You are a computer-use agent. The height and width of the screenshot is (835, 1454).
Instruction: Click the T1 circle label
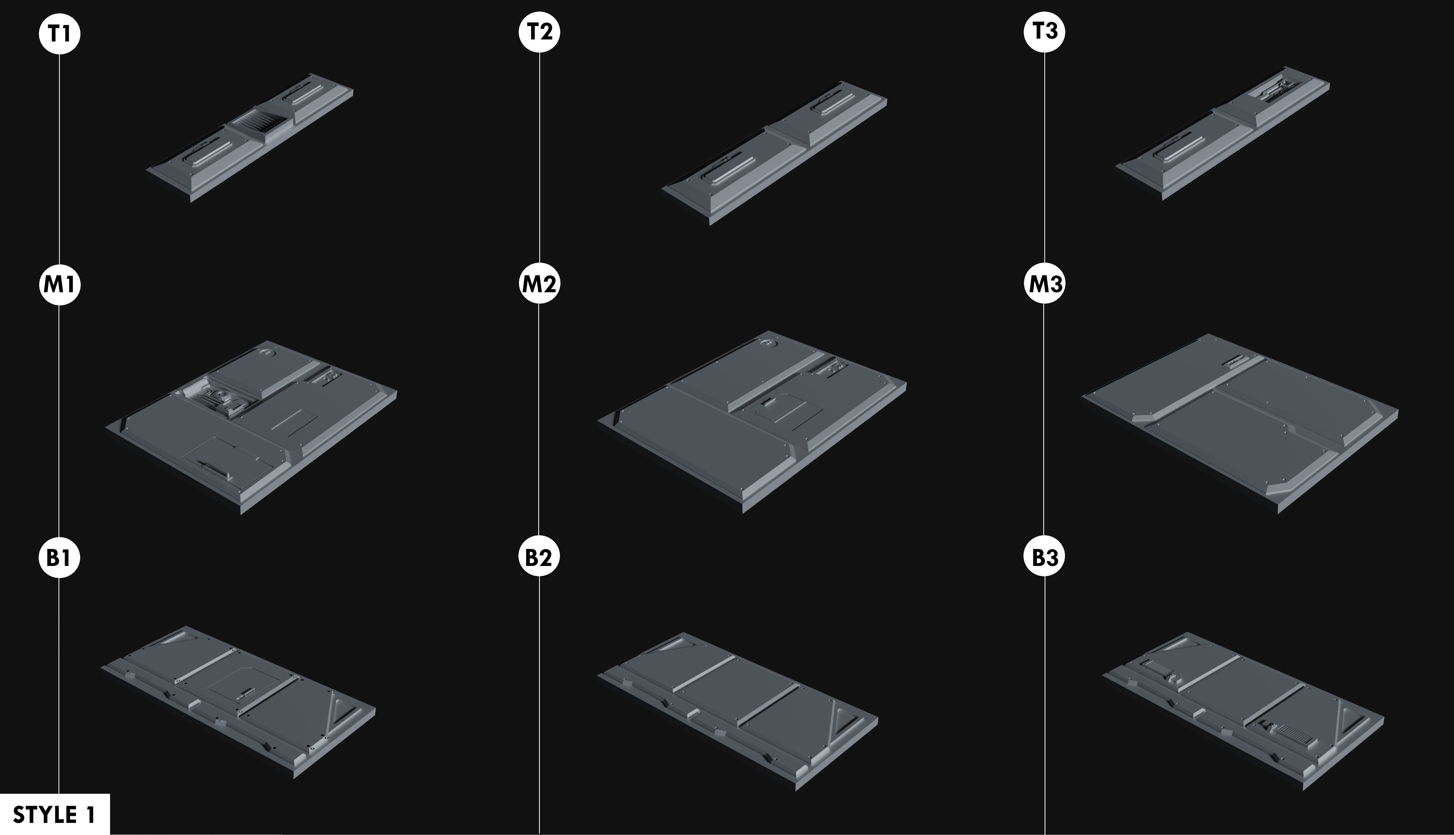[60, 34]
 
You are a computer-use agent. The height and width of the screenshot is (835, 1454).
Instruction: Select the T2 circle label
[539, 31]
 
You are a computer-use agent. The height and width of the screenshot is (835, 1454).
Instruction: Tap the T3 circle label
[1044, 31]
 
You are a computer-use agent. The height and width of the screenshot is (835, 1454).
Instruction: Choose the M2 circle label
[539, 283]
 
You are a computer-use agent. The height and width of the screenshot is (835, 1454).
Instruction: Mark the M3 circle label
[1044, 283]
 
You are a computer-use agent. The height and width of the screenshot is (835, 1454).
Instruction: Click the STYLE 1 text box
[54, 814]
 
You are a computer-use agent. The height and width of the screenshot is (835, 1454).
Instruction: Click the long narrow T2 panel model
[774, 152]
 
